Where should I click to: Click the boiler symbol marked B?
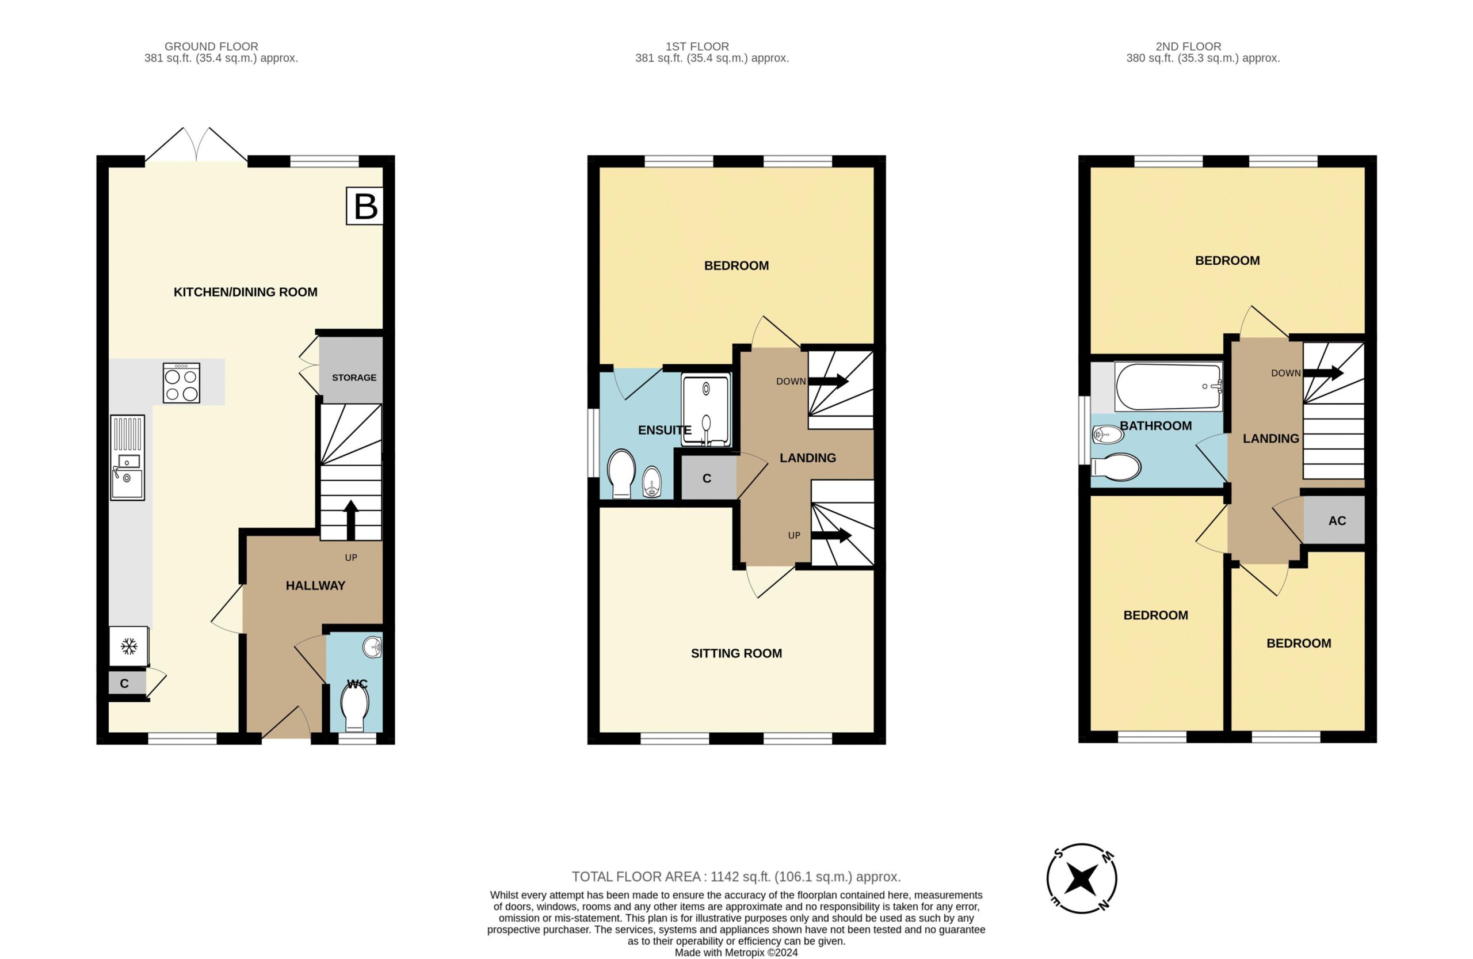[365, 205]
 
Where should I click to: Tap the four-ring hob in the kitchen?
[181, 383]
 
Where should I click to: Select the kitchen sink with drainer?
[128, 458]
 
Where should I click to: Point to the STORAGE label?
[354, 378]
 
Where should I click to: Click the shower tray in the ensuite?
[706, 409]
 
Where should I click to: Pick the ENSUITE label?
[665, 430]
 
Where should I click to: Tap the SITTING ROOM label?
[736, 653]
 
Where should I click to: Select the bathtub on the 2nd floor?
[1169, 387]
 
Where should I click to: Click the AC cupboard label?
[1337, 522]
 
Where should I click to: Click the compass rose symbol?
[1082, 878]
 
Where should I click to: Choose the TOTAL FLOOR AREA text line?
[736, 877]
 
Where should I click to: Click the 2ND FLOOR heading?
[1188, 47]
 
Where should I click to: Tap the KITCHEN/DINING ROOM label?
[246, 292]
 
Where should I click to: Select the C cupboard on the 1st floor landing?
[707, 478]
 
